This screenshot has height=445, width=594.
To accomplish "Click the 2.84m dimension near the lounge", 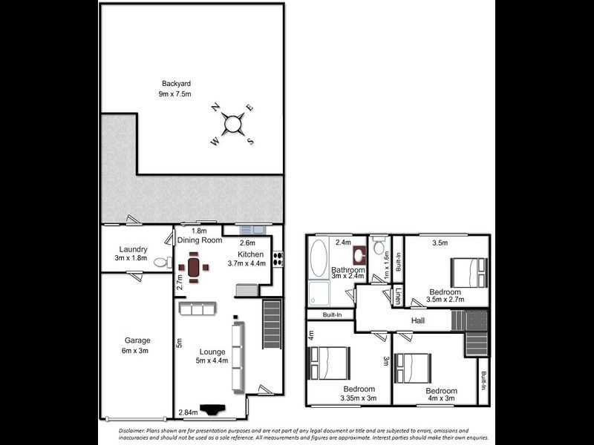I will tap(188, 412).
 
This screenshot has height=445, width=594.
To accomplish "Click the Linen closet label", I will tap(398, 295).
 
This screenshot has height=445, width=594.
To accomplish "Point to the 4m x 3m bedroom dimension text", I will tap(440, 399).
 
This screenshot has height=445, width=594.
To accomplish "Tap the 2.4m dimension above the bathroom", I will tap(343, 242).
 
